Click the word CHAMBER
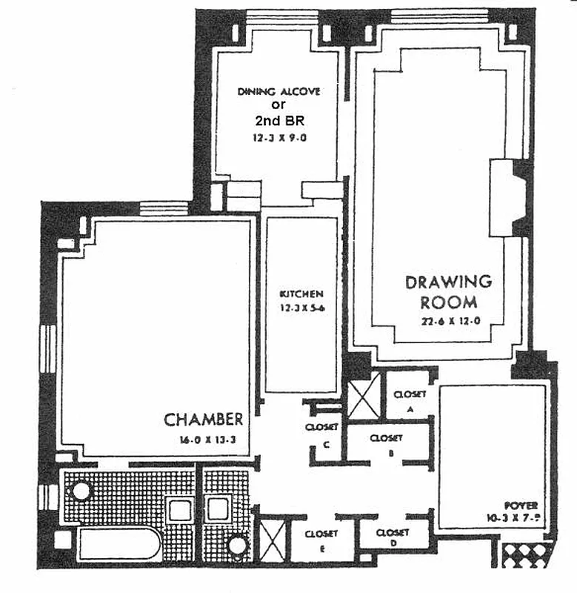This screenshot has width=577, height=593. coord(203,420)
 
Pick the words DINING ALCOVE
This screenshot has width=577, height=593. coord(279,91)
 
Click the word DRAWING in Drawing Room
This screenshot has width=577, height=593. coord(448,282)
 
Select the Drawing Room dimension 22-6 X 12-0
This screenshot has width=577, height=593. coord(449,322)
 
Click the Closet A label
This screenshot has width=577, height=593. coord(410,400)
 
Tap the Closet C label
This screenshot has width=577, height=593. coord(321,434)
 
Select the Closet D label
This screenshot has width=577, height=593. coord(393,538)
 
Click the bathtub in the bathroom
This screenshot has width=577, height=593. coord(119,545)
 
